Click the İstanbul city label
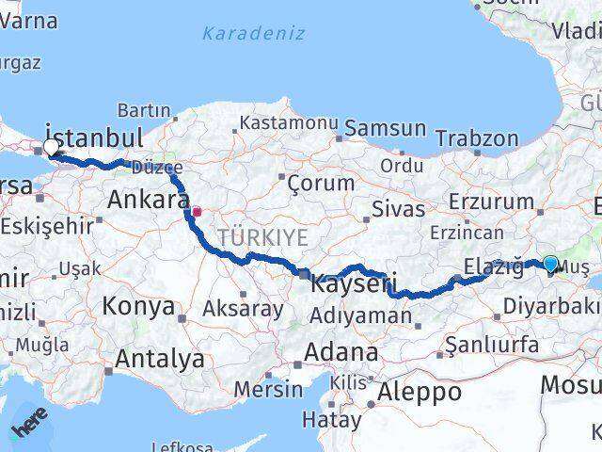click(94, 137)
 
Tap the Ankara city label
click(148, 200)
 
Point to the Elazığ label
click(494, 266)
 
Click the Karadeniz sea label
click(254, 34)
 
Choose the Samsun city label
click(386, 129)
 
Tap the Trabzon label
click(477, 138)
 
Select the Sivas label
click(399, 208)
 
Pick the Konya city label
click(138, 306)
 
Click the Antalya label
click(159, 358)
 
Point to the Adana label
click(341, 352)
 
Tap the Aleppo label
click(420, 392)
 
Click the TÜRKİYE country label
click(262, 237)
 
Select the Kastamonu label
click(289, 123)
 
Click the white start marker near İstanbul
click(50, 147)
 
